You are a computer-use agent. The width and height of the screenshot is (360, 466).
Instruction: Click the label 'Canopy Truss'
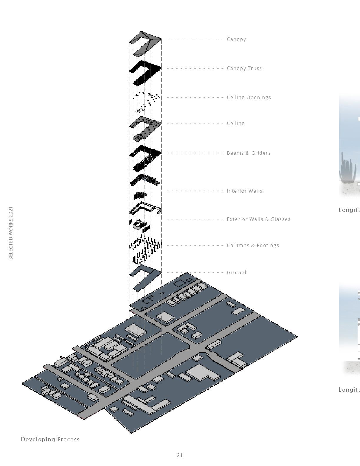tap(244, 68)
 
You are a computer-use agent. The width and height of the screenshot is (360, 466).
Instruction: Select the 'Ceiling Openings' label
tap(249, 97)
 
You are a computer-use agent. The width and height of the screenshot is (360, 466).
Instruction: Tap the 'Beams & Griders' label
tap(249, 153)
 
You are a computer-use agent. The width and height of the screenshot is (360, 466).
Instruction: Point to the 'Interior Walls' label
tap(244, 191)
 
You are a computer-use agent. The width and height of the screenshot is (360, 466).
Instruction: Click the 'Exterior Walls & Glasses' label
tap(258, 219)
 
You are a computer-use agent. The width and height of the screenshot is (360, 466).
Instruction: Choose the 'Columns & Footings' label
tap(253, 245)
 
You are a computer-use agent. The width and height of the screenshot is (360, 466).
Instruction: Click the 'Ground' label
tap(236, 272)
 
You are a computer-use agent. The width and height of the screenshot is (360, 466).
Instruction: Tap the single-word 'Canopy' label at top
tap(236, 39)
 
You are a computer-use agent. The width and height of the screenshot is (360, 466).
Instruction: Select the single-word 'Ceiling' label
tap(236, 123)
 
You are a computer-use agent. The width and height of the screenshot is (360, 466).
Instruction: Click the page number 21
tap(180, 455)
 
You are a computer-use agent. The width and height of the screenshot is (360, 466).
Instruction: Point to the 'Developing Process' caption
tap(50, 439)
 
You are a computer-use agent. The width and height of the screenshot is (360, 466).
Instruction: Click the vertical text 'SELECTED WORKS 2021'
tap(11, 233)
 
